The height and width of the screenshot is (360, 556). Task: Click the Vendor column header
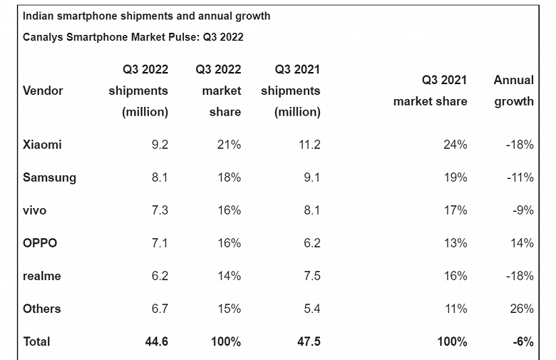43,91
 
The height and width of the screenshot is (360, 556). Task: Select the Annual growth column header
513,91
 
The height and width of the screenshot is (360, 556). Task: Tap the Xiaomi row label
42,145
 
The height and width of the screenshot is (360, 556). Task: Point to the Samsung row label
49,178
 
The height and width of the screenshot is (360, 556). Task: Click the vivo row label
36,210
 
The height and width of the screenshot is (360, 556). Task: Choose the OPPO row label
40,243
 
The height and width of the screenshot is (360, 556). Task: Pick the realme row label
42,276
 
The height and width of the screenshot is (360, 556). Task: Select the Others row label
42,309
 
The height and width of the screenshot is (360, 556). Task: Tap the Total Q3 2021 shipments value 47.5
308,341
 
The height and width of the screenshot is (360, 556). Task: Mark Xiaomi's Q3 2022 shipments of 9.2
160,145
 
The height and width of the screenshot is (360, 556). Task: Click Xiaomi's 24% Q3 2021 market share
454,145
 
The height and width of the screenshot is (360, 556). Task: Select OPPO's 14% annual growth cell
522,243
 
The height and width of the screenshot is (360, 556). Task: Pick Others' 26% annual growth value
521,309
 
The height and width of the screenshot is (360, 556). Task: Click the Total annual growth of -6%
522,341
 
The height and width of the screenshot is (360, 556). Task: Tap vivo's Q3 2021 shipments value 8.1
312,210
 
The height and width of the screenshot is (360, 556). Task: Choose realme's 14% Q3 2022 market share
228,276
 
